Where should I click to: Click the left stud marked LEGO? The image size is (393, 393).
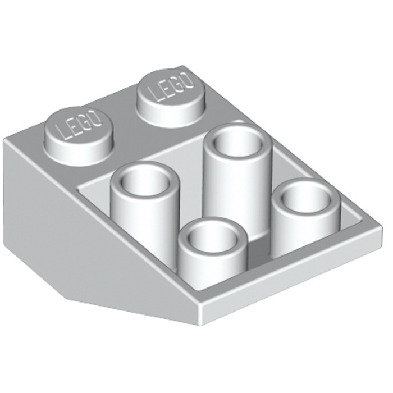pos(79,129)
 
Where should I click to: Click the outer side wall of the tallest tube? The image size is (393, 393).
pos(236,191)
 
